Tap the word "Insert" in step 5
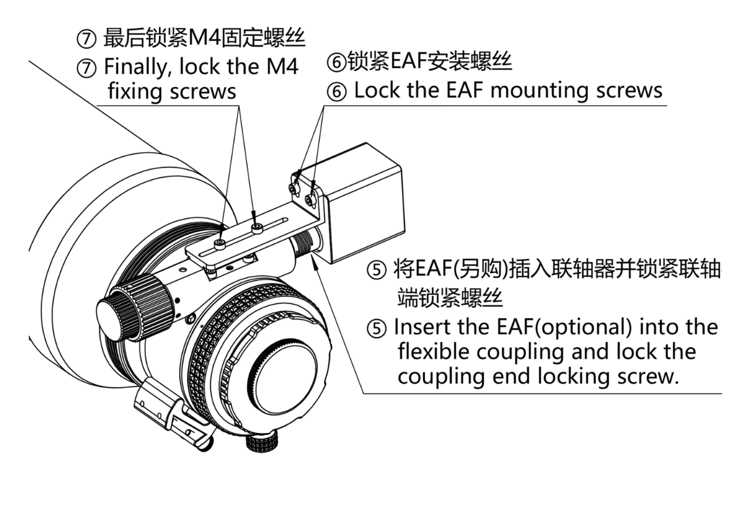point(420,327)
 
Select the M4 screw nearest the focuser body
point(220,244)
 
